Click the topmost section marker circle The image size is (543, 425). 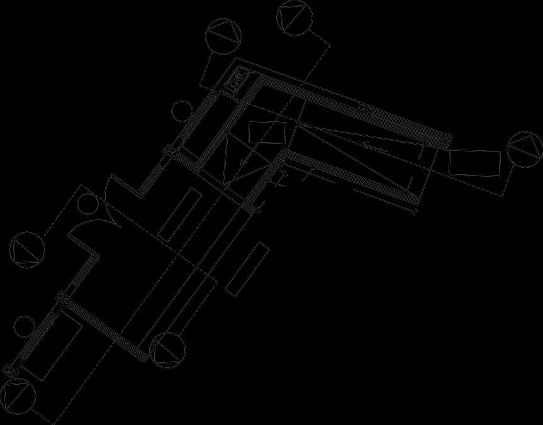pyautogui.click(x=295, y=17)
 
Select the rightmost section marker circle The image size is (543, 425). pyautogui.click(x=524, y=150)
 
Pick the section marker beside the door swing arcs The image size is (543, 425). pyautogui.click(x=27, y=250)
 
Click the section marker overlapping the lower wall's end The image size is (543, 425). pyautogui.click(x=168, y=350)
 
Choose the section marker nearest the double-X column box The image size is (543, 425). pyautogui.click(x=223, y=36)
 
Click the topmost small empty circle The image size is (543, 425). pyautogui.click(x=182, y=110)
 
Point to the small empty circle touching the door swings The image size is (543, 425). pyautogui.click(x=87, y=204)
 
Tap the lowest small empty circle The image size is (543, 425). pyautogui.click(x=25, y=326)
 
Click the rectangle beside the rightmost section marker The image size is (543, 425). pyautogui.click(x=475, y=163)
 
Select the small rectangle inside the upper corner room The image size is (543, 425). pyautogui.click(x=267, y=132)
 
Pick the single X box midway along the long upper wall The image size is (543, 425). pyautogui.click(x=364, y=108)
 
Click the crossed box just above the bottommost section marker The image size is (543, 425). pyautogui.click(x=8, y=370)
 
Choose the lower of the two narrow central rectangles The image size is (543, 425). pyautogui.click(x=247, y=268)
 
